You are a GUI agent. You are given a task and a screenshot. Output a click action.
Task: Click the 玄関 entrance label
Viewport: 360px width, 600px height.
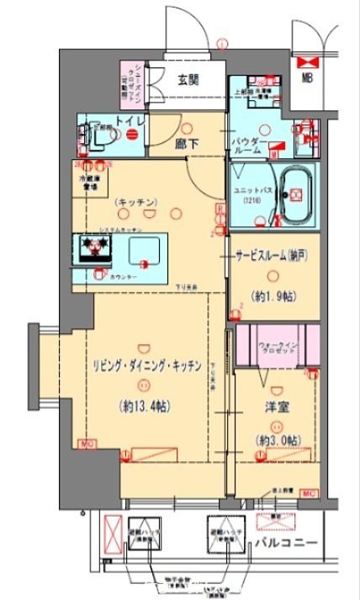click(x=188, y=81)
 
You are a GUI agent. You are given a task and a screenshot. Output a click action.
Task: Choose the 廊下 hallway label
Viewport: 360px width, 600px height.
click(x=186, y=144)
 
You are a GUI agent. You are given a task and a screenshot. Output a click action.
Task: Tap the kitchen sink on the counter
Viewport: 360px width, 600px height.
click(x=143, y=249)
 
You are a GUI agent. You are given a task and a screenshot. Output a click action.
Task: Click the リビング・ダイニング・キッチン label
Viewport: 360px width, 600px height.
click(x=146, y=365)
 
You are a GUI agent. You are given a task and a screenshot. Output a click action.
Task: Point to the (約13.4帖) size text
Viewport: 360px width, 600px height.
click(x=147, y=406)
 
